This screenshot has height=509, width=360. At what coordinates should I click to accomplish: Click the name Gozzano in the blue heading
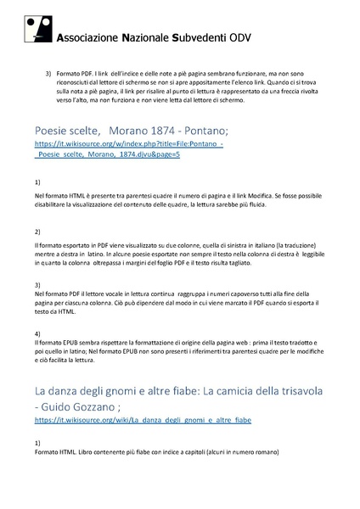(x=107, y=405)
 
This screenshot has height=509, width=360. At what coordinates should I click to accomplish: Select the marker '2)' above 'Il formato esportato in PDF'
(x=37, y=232)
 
